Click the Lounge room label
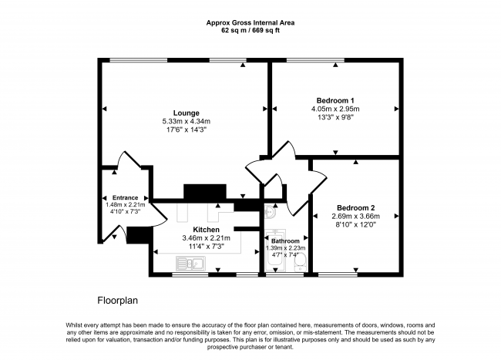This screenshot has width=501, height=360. coord(186,113)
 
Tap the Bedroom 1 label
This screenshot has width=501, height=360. coord(335,100)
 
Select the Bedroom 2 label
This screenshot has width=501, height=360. coord(355,208)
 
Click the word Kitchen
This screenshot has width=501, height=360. coord(207,230)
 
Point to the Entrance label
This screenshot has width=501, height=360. coord(125,197)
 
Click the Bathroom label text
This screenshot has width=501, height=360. coord(285,241)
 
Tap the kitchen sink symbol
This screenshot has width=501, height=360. coord(188,264)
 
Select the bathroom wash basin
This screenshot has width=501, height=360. coord(270,208)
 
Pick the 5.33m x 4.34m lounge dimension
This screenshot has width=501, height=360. coord(186,122)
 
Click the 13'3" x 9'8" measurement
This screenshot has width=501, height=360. coord(335,118)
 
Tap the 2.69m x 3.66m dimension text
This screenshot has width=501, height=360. coord(355,217)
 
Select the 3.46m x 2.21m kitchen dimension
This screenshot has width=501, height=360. coord(207,238)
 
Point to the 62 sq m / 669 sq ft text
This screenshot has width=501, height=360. coord(250,32)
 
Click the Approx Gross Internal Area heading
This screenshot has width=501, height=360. coord(250,22)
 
